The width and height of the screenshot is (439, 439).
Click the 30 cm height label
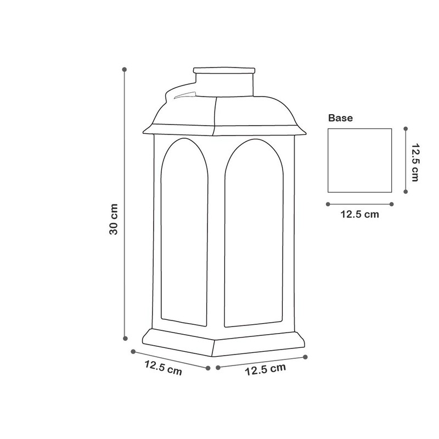point(114,219)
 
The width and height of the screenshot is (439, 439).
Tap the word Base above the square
point(340,118)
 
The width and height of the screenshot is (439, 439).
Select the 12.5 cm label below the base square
point(359,215)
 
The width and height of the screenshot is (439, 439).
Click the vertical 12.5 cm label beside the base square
point(415,162)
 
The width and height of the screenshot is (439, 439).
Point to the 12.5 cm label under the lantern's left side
point(163,368)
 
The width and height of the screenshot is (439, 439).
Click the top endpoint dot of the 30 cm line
point(125,69)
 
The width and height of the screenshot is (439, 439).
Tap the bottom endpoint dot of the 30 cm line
point(126,339)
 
